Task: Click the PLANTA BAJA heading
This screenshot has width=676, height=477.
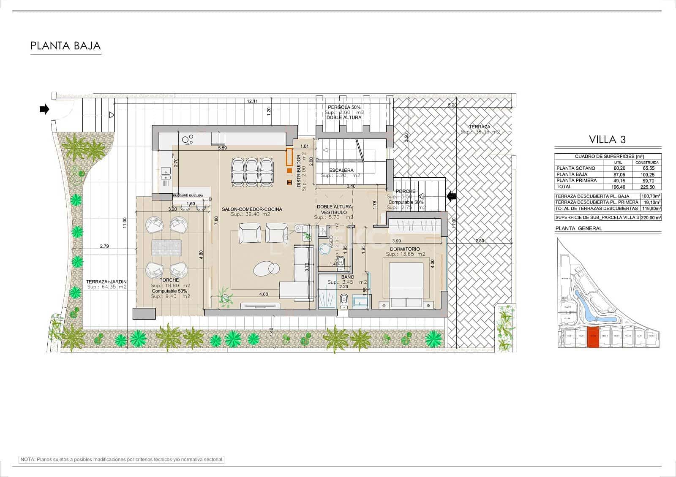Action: tap(66, 46)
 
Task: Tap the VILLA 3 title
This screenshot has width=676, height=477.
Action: tap(607, 139)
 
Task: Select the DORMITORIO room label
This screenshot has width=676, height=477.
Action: tap(405, 249)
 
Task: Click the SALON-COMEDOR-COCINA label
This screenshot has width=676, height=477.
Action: tap(252, 209)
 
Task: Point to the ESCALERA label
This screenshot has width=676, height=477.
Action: tap(341, 171)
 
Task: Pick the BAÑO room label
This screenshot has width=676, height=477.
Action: tap(347, 277)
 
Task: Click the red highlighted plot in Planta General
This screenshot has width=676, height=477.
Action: tap(594, 337)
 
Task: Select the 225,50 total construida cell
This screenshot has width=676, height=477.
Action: tap(647, 187)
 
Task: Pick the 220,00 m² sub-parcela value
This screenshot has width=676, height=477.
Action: tap(651, 218)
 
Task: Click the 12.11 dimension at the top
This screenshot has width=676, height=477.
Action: tap(252, 101)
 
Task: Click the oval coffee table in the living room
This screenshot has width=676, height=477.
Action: tap(266, 268)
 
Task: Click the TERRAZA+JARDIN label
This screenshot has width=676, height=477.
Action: tap(106, 282)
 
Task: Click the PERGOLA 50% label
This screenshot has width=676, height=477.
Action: tap(344, 107)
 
